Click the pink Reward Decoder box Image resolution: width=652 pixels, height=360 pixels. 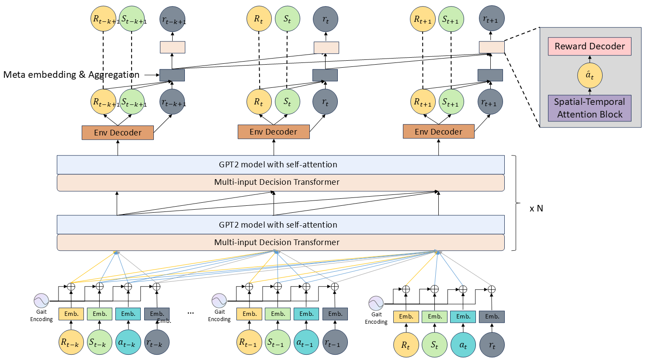click(590, 46)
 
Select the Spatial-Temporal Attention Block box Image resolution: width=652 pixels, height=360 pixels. click(590, 108)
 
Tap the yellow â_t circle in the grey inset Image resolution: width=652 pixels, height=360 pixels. click(590, 76)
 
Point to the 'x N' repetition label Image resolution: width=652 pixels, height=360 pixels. click(536, 208)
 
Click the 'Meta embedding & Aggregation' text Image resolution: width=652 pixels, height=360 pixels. click(71, 75)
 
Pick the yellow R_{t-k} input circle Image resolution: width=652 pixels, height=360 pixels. click(71, 343)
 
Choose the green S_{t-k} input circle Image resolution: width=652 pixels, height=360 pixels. click(99, 343)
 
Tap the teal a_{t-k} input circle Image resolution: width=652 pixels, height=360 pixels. click(128, 343)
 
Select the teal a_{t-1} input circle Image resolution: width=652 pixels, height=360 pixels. click(306, 343)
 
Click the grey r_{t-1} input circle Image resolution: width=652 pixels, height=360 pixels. click(335, 343)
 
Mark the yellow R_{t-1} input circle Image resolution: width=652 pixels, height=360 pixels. click(249, 343)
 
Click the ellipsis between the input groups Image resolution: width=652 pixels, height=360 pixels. click(191, 313)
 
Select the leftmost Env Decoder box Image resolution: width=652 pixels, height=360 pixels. click(118, 133)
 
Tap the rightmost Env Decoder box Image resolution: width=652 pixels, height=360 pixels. click(438, 132)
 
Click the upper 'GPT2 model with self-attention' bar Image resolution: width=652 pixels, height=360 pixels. click(281, 165)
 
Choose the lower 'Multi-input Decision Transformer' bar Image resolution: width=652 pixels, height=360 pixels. click(281, 242)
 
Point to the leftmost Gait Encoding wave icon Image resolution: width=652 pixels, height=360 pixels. click(42, 301)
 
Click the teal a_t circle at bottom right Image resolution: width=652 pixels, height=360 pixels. click(463, 345)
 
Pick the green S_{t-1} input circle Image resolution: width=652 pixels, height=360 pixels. click(277, 343)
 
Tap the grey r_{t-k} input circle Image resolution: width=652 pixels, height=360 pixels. click(156, 343)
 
